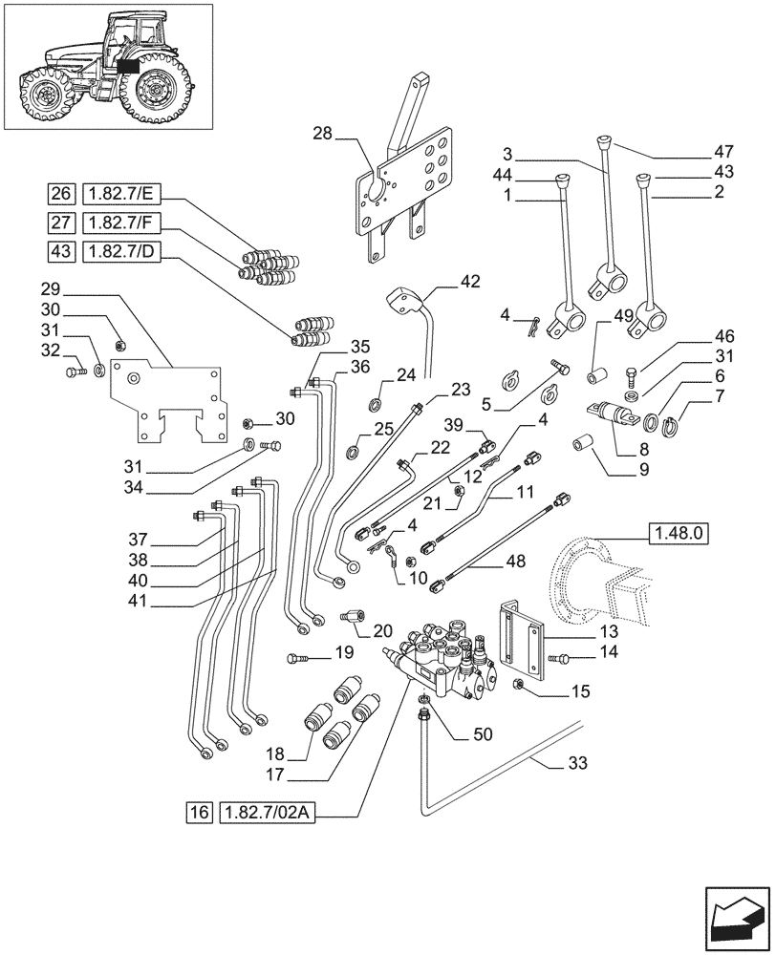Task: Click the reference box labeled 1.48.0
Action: pyautogui.click(x=678, y=533)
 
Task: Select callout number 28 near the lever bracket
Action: pyautogui.click(x=323, y=135)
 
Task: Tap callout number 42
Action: pyautogui.click(x=469, y=281)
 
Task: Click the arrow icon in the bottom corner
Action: pyautogui.click(x=736, y=918)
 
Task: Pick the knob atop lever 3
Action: pyautogui.click(x=603, y=144)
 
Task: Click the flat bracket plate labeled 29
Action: pyautogui.click(x=167, y=401)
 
